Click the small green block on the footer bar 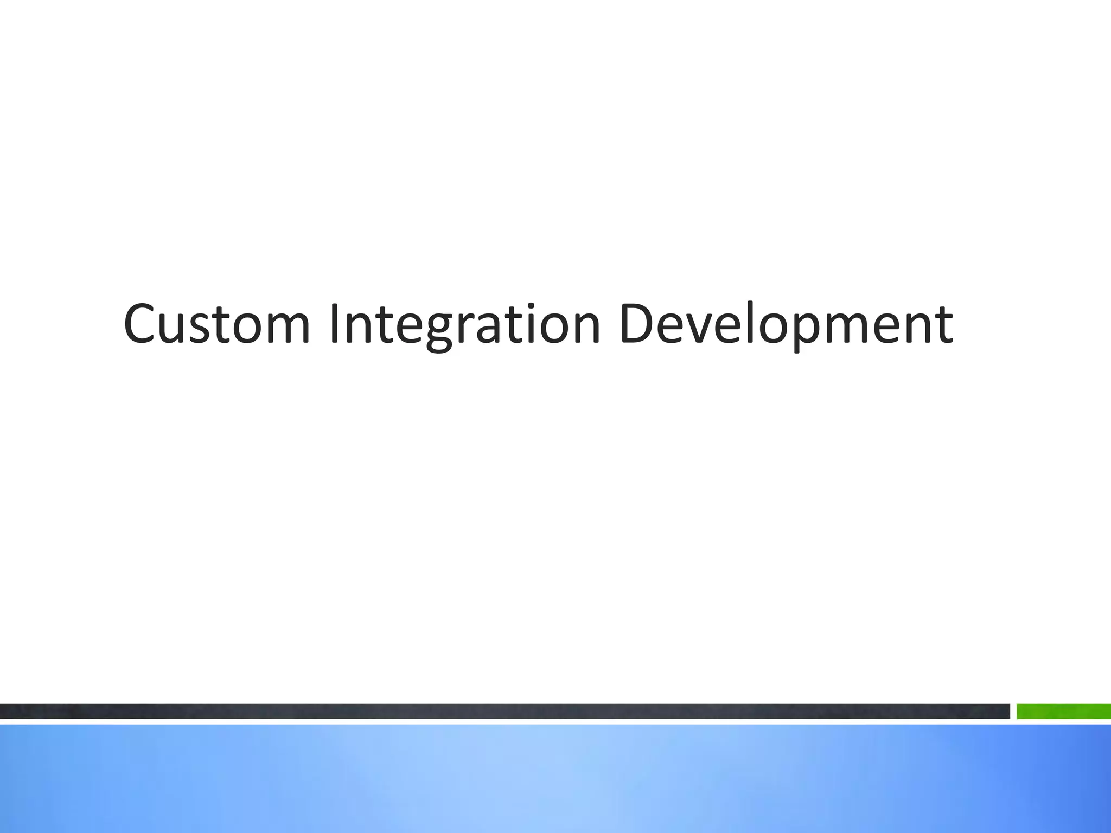coord(1063,711)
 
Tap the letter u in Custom coord(177,330)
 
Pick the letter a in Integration coord(490,330)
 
